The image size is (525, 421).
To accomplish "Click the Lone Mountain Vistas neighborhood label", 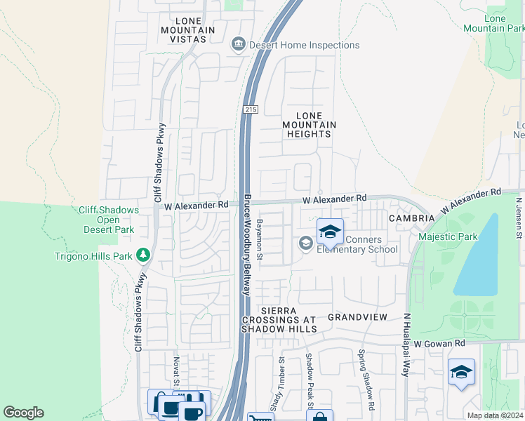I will [183, 30].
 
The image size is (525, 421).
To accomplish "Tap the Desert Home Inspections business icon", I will [238, 45].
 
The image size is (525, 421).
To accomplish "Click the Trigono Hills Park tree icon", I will [144, 255].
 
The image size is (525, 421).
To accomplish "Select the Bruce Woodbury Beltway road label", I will [247, 246].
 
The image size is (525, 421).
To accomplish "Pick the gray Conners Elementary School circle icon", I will [305, 243].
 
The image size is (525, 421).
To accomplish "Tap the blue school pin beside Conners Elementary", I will [330, 231].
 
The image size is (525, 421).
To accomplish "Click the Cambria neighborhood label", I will [411, 218].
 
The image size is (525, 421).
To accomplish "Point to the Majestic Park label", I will [447, 236].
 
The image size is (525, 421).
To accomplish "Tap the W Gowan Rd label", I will [439, 343].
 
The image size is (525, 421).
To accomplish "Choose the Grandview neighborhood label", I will [357, 317].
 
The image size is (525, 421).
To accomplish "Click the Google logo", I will [24, 413].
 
